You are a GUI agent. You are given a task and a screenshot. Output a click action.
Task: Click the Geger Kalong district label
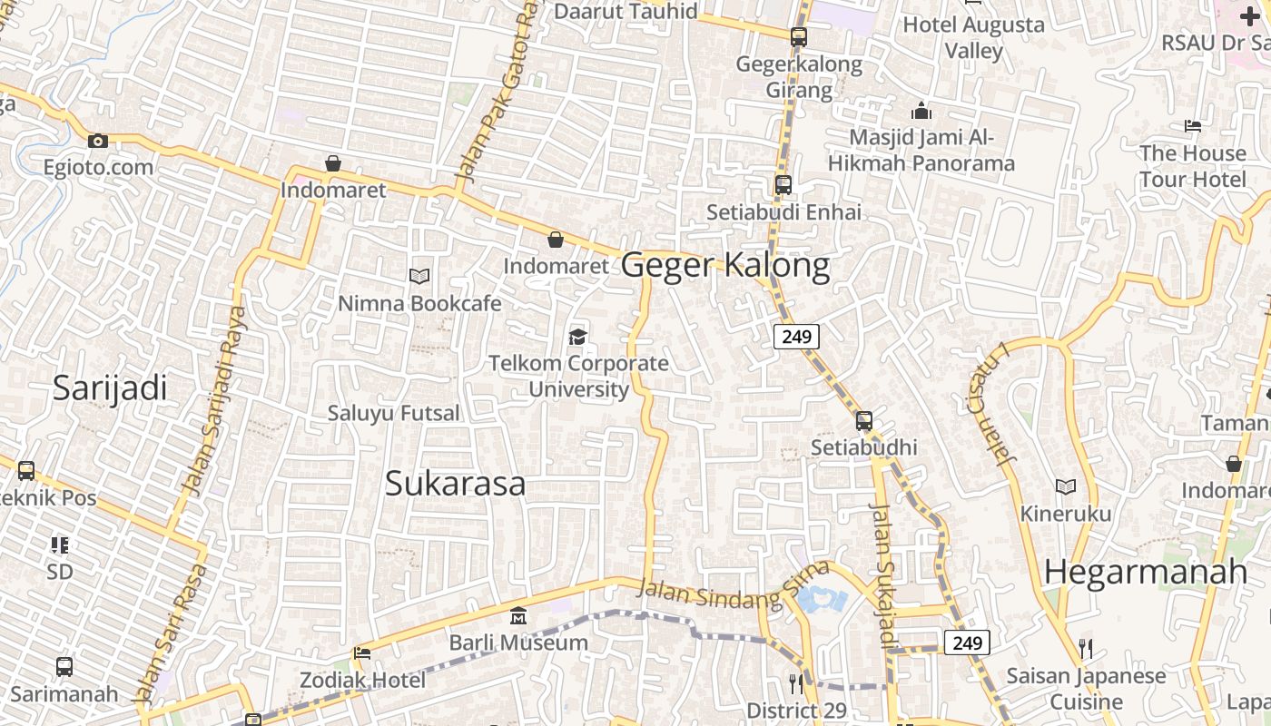(x=725, y=265)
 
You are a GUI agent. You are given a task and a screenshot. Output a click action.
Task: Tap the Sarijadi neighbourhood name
(x=110, y=388)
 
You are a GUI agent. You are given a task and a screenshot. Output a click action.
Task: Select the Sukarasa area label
(x=455, y=484)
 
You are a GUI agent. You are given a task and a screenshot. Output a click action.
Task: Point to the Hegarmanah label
(x=1146, y=572)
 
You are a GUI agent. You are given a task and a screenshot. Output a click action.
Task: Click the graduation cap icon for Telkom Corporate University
(x=578, y=338)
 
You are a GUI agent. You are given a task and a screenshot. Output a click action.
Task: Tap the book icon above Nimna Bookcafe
(x=419, y=276)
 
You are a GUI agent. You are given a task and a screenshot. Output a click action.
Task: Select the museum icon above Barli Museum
(x=518, y=616)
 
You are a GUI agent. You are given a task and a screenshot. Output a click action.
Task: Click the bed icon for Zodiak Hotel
(x=361, y=653)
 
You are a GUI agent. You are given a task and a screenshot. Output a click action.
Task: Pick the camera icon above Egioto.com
(x=98, y=141)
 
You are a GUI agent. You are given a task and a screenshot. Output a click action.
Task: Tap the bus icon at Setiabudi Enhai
(x=783, y=185)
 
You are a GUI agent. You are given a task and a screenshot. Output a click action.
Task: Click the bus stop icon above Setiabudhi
(x=863, y=421)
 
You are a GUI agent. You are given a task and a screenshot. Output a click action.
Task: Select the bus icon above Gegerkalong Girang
(x=799, y=37)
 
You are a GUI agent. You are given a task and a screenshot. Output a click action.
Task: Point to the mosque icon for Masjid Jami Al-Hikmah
(x=921, y=112)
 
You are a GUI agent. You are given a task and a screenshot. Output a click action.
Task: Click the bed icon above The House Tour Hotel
(x=1193, y=126)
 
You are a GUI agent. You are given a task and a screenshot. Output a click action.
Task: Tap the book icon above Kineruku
(x=1066, y=487)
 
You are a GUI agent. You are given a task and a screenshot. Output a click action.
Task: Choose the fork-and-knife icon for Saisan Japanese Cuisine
(x=1085, y=648)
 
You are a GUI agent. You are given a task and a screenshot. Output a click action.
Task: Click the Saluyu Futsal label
(x=394, y=413)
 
